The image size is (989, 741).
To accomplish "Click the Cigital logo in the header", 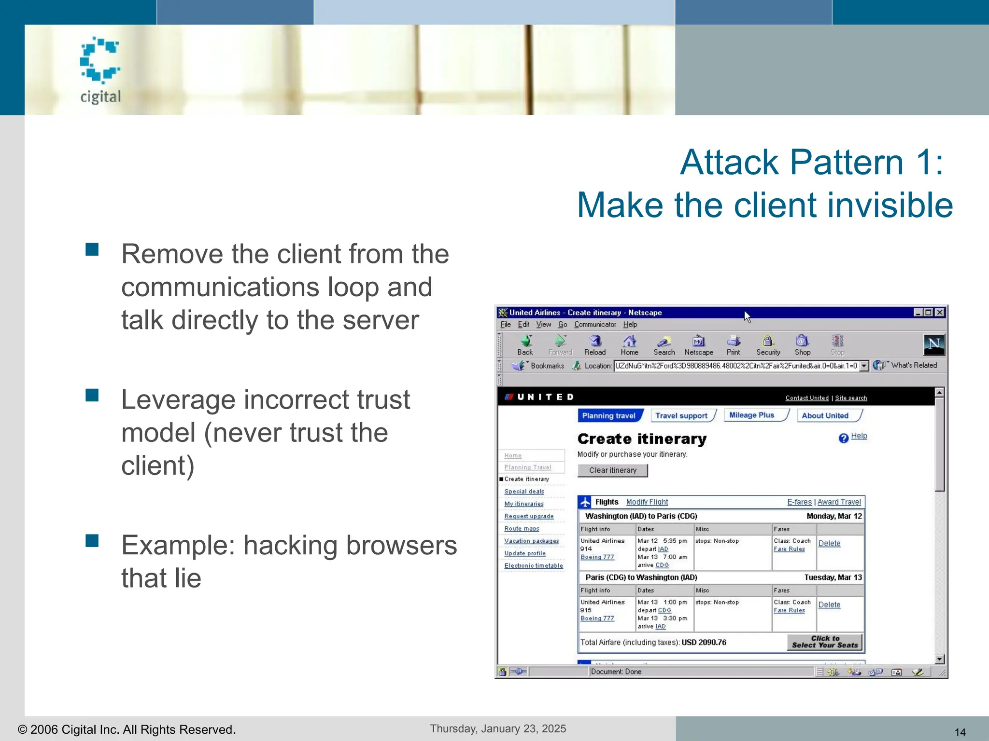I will click(100, 70).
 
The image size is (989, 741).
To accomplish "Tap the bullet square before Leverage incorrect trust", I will click(92, 395).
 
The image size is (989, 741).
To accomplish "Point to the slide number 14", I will click(960, 732).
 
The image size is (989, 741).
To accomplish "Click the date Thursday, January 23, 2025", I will click(498, 728).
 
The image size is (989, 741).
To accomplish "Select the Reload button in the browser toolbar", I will click(595, 345).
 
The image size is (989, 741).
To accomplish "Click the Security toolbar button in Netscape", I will click(768, 345).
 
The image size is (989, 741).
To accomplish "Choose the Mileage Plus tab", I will click(752, 415).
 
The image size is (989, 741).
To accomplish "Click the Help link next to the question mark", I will click(859, 436).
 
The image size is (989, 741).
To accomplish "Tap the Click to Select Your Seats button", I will click(825, 642).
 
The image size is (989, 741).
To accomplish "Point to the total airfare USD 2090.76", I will click(704, 642).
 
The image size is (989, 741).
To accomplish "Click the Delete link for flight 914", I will click(829, 543).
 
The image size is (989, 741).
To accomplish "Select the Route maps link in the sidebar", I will click(522, 528).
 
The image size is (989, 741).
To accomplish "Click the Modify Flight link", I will click(647, 502).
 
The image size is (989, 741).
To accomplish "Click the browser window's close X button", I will click(940, 313).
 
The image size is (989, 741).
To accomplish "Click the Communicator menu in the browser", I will click(595, 325).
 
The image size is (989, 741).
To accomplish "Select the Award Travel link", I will click(839, 502).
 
